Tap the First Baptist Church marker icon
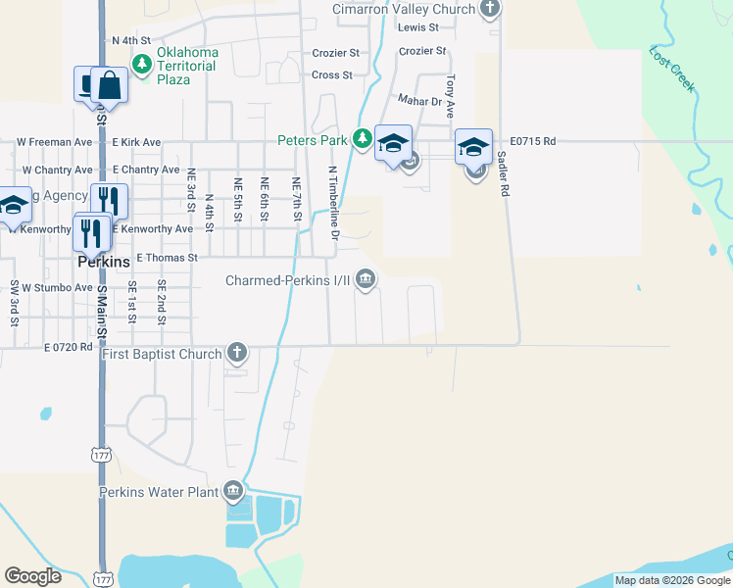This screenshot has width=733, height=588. pos(236,352)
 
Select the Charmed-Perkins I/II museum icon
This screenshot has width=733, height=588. pos(366,280)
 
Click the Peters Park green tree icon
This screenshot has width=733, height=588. pos(363,140)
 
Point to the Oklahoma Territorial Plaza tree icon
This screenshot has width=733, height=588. pos(142,64)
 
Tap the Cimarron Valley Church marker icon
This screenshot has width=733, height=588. pos(490,10)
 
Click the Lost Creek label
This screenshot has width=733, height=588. pos(672,70)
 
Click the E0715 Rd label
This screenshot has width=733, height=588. pos(533,142)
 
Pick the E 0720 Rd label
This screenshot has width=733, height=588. pos(68,347)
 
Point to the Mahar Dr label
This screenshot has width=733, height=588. pos(420,99)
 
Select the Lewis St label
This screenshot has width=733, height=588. pos(418,26)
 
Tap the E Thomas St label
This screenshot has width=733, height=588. pos(167,258)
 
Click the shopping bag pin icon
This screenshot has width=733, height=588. pos(110,86)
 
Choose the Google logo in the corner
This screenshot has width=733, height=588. pos(33,576)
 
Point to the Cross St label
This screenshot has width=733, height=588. pos(331,74)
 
